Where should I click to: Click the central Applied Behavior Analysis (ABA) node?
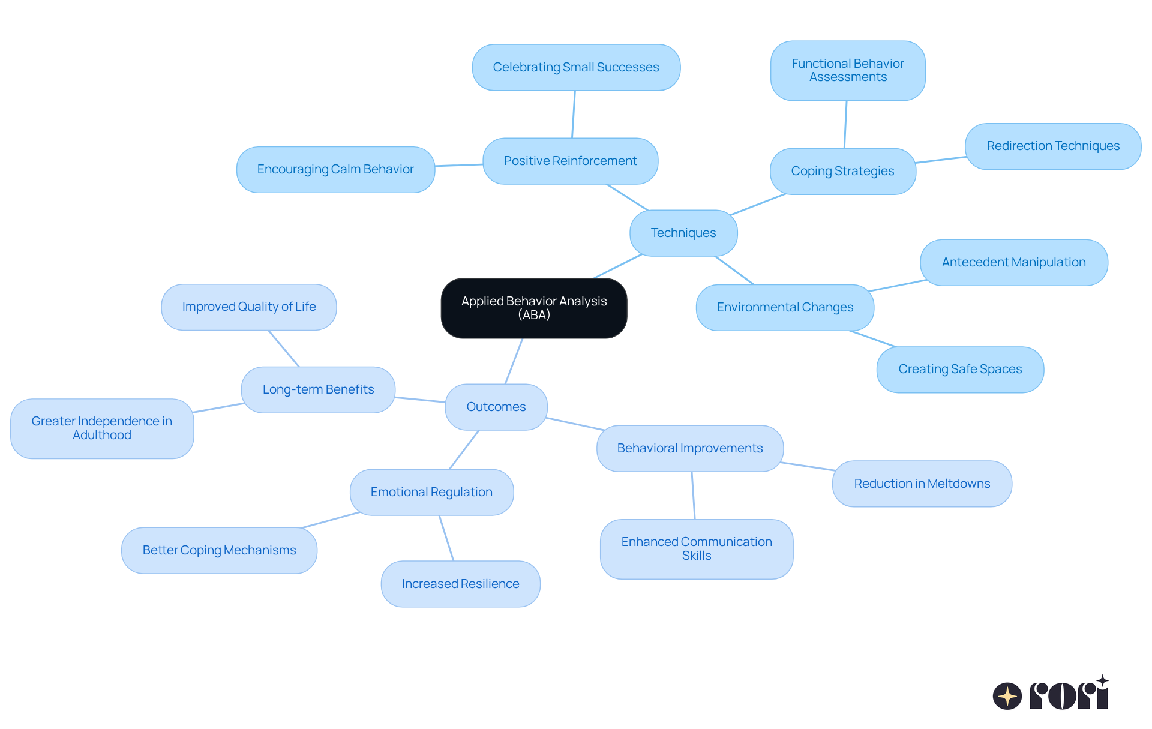coord(533,308)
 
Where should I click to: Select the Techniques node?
coord(683,233)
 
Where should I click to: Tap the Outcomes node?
coord(496,407)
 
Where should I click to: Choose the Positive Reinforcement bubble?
coord(570,161)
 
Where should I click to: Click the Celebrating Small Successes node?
coord(575,67)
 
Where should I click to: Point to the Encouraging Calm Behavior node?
coord(335,169)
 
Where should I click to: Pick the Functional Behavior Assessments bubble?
coord(847,70)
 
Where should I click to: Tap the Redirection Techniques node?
coord(1052,146)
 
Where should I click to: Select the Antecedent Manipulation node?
coord(1013,262)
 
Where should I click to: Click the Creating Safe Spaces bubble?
coord(960,369)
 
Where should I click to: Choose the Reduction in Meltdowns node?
coord(922,484)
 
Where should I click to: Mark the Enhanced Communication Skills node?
coord(696,548)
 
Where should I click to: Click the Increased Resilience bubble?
coord(460,584)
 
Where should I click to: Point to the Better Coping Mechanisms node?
coord(219,550)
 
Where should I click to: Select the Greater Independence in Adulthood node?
coord(102,428)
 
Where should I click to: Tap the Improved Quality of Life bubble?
coord(248,307)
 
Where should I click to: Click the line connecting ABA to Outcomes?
coord(514,361)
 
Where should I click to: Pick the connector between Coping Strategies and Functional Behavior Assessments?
coord(845,124)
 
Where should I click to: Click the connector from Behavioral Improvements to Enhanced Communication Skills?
coord(693,495)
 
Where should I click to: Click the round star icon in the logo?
coord(1007,696)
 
